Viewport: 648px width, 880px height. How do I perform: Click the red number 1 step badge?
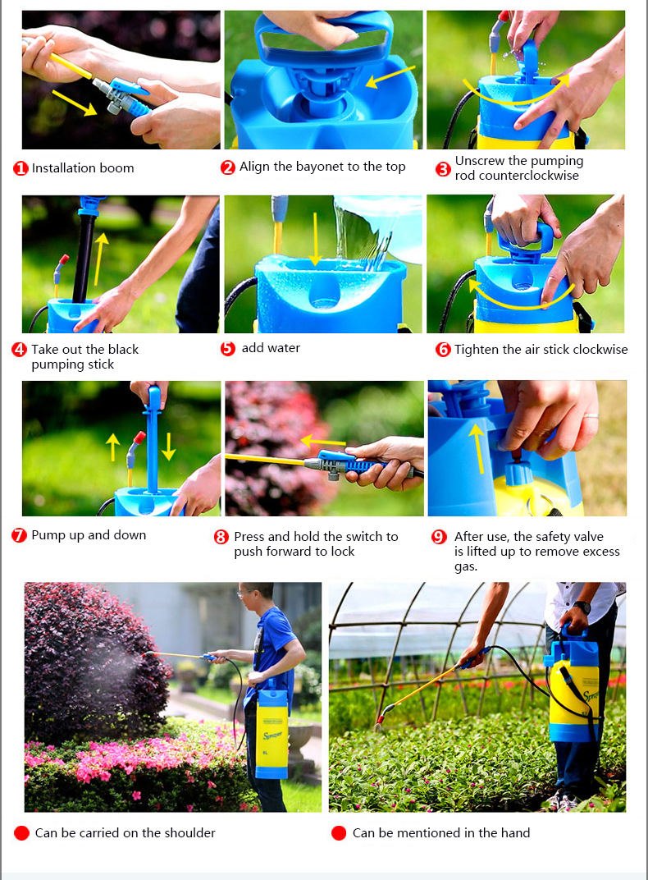(x=21, y=168)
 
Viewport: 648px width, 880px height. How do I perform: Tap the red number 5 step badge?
(x=227, y=349)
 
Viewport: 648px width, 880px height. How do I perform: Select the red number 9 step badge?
(x=439, y=537)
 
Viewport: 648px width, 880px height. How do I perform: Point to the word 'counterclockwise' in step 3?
(x=517, y=176)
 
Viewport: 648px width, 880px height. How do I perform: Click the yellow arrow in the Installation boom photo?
(x=74, y=103)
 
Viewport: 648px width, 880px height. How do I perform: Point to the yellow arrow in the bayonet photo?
(x=390, y=76)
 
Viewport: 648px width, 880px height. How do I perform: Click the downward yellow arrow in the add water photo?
(x=315, y=239)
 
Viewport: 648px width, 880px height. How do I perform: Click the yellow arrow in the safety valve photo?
(x=477, y=448)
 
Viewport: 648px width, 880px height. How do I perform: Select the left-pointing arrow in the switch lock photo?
(x=323, y=441)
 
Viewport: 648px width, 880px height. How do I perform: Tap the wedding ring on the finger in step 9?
(x=591, y=416)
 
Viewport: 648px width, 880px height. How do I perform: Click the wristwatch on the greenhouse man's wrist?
(x=582, y=607)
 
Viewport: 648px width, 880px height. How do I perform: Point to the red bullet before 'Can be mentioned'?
(x=339, y=833)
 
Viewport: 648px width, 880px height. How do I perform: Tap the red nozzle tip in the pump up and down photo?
(x=139, y=438)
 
